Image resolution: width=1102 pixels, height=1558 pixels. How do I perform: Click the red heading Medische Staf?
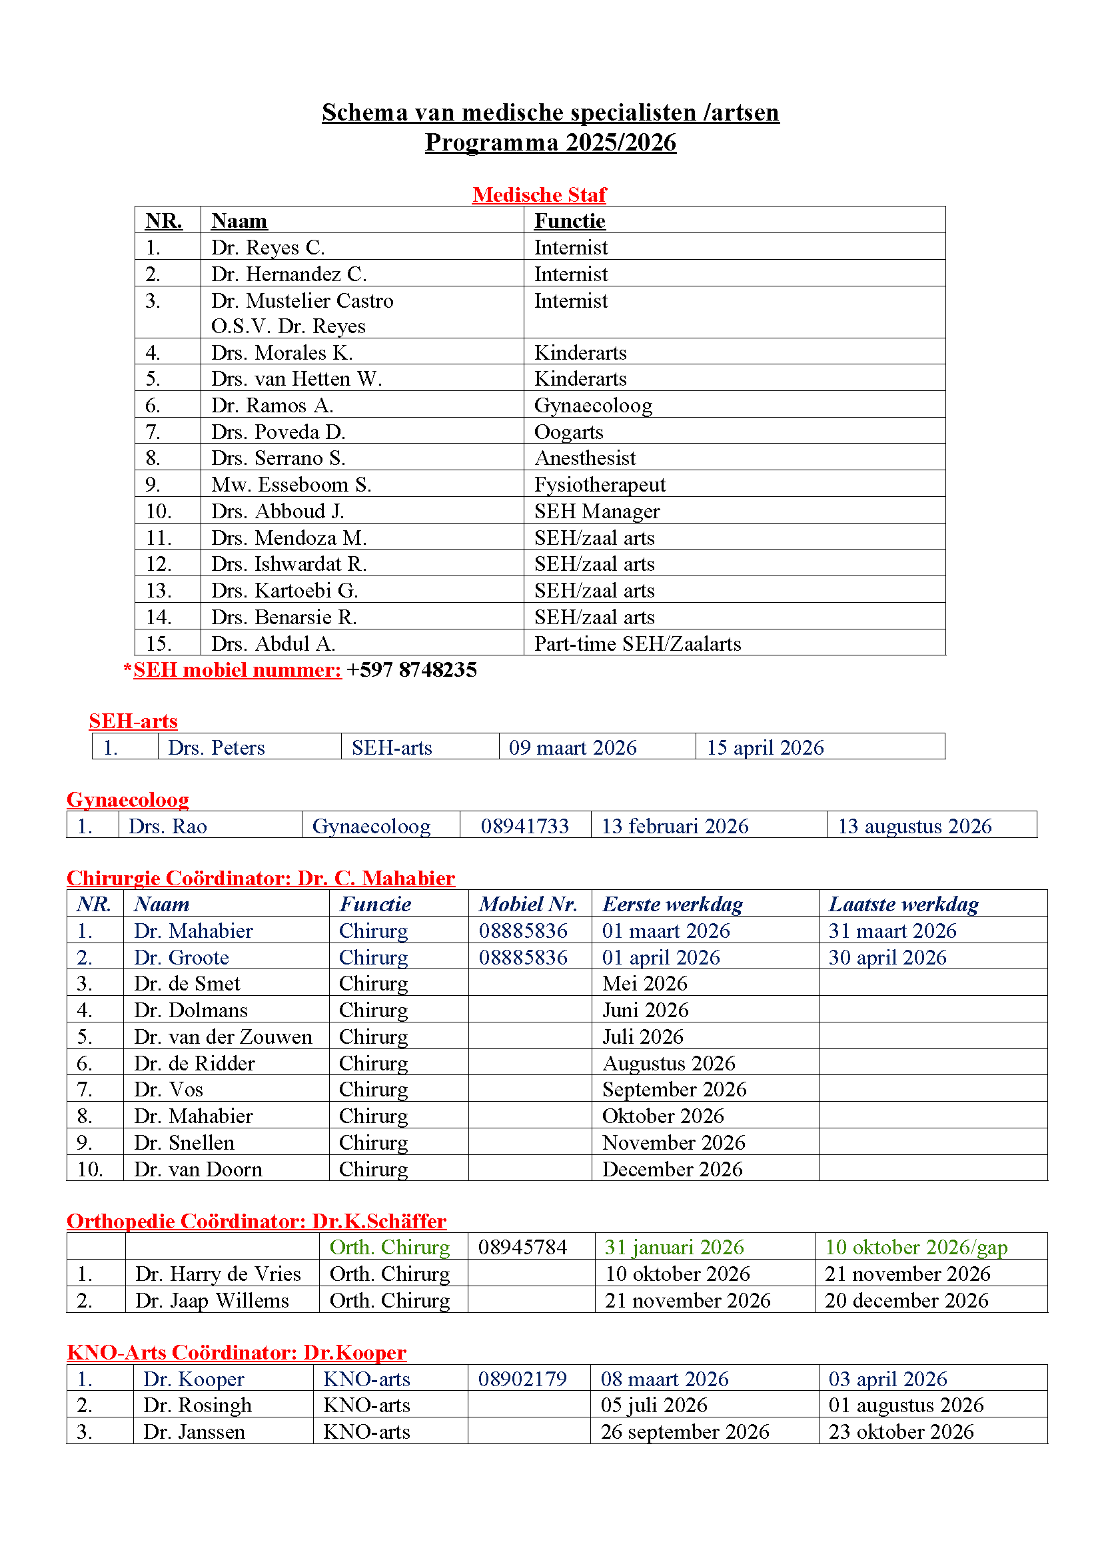click(x=539, y=195)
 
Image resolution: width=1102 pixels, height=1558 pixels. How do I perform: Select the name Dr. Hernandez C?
click(x=288, y=274)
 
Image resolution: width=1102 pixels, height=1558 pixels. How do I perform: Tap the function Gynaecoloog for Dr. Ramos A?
click(x=593, y=406)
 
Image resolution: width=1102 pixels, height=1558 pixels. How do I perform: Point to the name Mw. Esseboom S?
click(x=291, y=484)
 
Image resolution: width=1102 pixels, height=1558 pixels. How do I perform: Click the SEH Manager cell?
click(x=596, y=511)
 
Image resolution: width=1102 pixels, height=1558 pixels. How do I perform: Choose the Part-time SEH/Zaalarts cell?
click(x=637, y=643)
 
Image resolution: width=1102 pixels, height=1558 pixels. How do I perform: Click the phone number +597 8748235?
click(x=411, y=669)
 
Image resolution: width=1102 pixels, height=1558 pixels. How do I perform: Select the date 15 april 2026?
click(x=765, y=747)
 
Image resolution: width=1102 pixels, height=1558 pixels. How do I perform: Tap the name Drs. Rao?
click(x=168, y=826)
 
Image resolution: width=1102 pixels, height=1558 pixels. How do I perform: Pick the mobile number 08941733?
click(x=524, y=826)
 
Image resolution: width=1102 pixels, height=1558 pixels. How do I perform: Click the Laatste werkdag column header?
click(x=903, y=904)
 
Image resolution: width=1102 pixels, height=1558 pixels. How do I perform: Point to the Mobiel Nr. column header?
click(x=528, y=904)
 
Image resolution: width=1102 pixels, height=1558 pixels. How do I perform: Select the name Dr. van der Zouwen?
click(x=223, y=1036)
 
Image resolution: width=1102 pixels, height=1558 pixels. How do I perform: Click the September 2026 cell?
click(x=674, y=1089)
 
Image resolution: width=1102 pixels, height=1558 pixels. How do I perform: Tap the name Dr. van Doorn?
click(x=197, y=1169)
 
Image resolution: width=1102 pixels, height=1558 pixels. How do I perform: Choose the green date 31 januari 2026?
click(x=674, y=1247)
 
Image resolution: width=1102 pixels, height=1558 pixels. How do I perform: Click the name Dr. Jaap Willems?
click(x=212, y=1300)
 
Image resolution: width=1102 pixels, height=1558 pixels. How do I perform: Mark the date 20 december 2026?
click(x=906, y=1300)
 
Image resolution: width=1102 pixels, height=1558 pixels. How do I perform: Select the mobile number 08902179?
click(x=522, y=1379)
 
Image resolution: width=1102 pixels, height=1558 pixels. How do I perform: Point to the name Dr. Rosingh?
click(x=197, y=1405)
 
